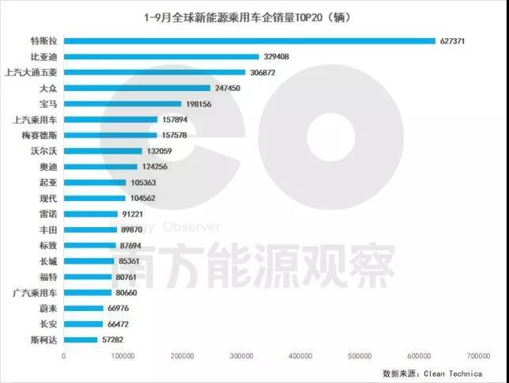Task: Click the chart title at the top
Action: pyautogui.click(x=247, y=17)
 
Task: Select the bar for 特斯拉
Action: pyautogui.click(x=249, y=41)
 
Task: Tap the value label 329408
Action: pyautogui.click(x=277, y=57)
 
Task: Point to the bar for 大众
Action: pyautogui.click(x=137, y=88)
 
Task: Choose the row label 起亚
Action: pyautogui.click(x=48, y=182)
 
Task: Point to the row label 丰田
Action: pyautogui.click(x=48, y=229)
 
